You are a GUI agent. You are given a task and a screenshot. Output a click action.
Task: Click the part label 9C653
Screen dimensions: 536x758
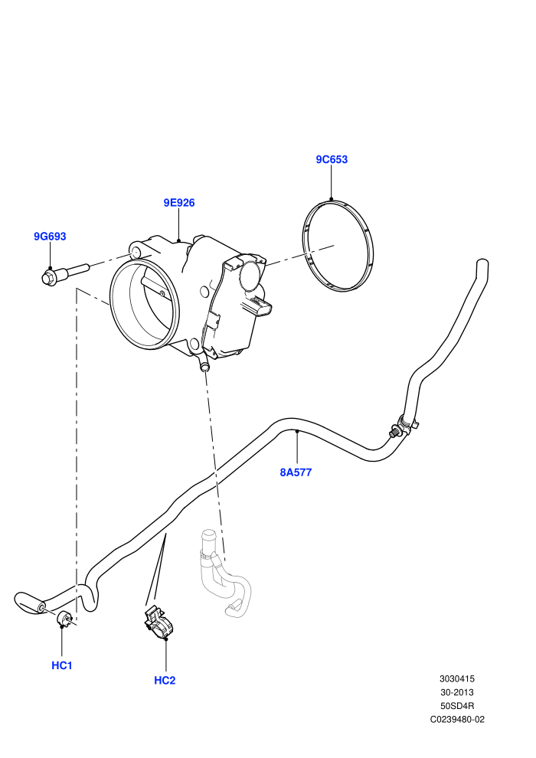pyautogui.click(x=332, y=159)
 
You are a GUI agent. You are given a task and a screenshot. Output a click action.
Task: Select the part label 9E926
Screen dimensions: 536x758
pyautogui.click(x=179, y=203)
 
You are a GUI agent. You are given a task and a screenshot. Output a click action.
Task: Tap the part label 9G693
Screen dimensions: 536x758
pyautogui.click(x=50, y=237)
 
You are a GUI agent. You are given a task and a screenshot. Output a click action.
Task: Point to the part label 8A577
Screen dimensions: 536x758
pyautogui.click(x=296, y=472)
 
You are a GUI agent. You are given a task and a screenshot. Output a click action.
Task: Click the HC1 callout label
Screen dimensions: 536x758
pyautogui.click(x=62, y=665)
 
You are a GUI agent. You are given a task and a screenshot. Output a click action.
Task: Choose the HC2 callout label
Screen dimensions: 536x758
pyautogui.click(x=165, y=681)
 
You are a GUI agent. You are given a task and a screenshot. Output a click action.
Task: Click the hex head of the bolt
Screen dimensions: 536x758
pyautogui.click(x=49, y=277)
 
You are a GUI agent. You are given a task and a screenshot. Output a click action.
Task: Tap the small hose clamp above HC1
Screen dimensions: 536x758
pyautogui.click(x=65, y=619)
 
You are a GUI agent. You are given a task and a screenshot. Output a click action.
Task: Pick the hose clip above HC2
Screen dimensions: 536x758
pyautogui.click(x=157, y=623)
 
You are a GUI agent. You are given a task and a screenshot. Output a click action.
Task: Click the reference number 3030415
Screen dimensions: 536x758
pyautogui.click(x=456, y=678)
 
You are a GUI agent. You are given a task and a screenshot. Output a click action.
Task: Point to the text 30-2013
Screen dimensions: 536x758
pyautogui.click(x=456, y=692)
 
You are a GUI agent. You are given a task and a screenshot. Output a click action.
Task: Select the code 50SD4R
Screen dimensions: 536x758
pyautogui.click(x=456, y=706)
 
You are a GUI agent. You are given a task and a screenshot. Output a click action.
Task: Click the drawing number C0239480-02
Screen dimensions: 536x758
pyautogui.click(x=457, y=719)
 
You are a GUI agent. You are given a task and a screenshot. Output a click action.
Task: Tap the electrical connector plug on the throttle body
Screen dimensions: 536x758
pyautogui.click(x=262, y=308)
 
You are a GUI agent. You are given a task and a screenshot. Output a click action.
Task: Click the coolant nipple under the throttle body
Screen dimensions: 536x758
pyautogui.click(x=204, y=365)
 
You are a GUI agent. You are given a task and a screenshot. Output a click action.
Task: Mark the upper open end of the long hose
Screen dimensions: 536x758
pyautogui.click(x=482, y=263)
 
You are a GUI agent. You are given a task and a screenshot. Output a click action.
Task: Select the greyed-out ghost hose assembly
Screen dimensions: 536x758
pyautogui.click(x=224, y=573)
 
